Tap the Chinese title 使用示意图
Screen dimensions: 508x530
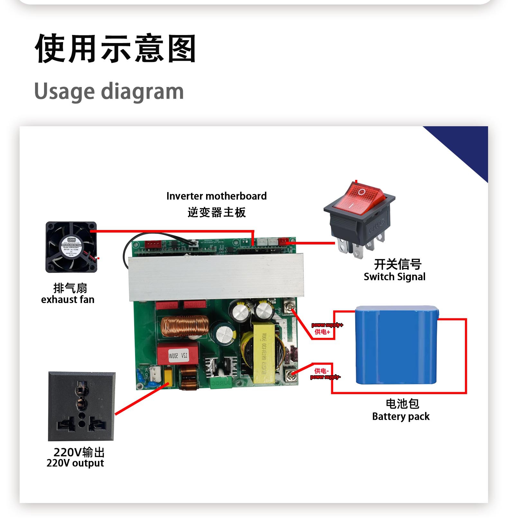coord(116,49)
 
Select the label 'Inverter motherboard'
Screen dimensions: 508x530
coord(216,196)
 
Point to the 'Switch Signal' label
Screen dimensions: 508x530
coord(395,277)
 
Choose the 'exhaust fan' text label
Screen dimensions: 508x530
coord(68,300)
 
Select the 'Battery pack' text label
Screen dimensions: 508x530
coord(401,417)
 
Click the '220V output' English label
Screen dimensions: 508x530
coord(75,463)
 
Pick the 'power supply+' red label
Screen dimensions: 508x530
coord(327,325)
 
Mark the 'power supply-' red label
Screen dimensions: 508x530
coord(325,377)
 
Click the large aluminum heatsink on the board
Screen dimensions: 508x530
coord(216,277)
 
